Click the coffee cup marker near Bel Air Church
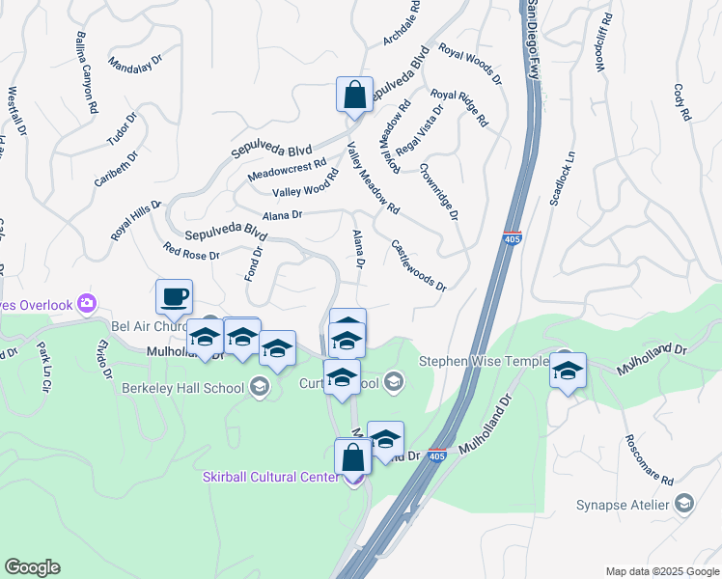[174, 297]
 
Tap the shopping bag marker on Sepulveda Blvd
[354, 95]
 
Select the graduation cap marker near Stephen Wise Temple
[568, 371]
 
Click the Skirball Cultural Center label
[270, 477]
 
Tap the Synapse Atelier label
[630, 505]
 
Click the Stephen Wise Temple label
[481, 362]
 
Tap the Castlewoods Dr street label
[419, 266]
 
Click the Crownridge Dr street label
[438, 189]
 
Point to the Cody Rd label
[683, 101]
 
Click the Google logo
[32, 567]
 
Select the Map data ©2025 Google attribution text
[661, 570]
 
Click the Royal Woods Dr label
[470, 64]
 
